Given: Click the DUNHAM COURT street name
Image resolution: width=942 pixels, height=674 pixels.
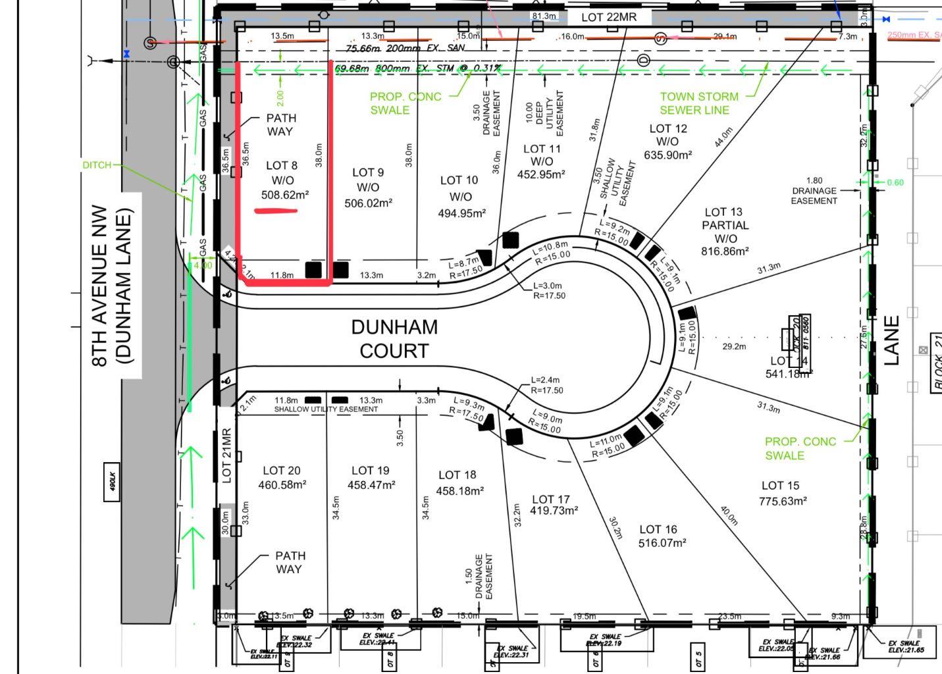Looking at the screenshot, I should click(x=394, y=338).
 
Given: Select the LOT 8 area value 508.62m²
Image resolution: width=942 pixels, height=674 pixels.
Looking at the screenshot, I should click(x=285, y=195).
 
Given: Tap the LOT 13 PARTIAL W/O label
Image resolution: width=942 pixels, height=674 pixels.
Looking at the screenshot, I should click(x=724, y=225).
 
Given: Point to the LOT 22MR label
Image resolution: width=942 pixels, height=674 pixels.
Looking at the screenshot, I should click(x=609, y=17).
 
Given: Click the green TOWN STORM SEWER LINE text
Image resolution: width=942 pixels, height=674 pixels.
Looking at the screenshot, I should click(x=698, y=103).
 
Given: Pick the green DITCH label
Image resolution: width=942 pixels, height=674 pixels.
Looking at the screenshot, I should click(x=97, y=165).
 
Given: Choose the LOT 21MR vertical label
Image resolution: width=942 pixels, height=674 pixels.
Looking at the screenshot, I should click(x=226, y=455).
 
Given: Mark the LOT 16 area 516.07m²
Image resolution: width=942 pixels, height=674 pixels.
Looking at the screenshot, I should click(x=662, y=543).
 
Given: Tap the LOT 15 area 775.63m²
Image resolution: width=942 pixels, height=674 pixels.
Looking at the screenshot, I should click(x=783, y=501).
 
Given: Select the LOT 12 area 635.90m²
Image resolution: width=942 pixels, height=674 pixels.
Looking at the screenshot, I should click(x=667, y=155).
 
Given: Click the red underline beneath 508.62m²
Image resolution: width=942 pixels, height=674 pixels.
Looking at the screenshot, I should click(x=276, y=211).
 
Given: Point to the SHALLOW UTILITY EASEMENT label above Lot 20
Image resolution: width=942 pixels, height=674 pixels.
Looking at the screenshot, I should click(x=326, y=409).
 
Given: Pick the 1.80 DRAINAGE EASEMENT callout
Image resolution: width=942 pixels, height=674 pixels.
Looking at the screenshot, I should click(x=814, y=190).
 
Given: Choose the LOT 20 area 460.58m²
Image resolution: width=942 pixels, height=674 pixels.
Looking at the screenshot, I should click(x=282, y=485).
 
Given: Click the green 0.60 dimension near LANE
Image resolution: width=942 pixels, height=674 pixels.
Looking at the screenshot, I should click(x=895, y=182).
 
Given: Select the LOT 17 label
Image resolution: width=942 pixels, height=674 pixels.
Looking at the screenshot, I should click(x=551, y=500).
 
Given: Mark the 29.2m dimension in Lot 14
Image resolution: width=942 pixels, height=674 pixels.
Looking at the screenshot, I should click(x=733, y=346).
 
